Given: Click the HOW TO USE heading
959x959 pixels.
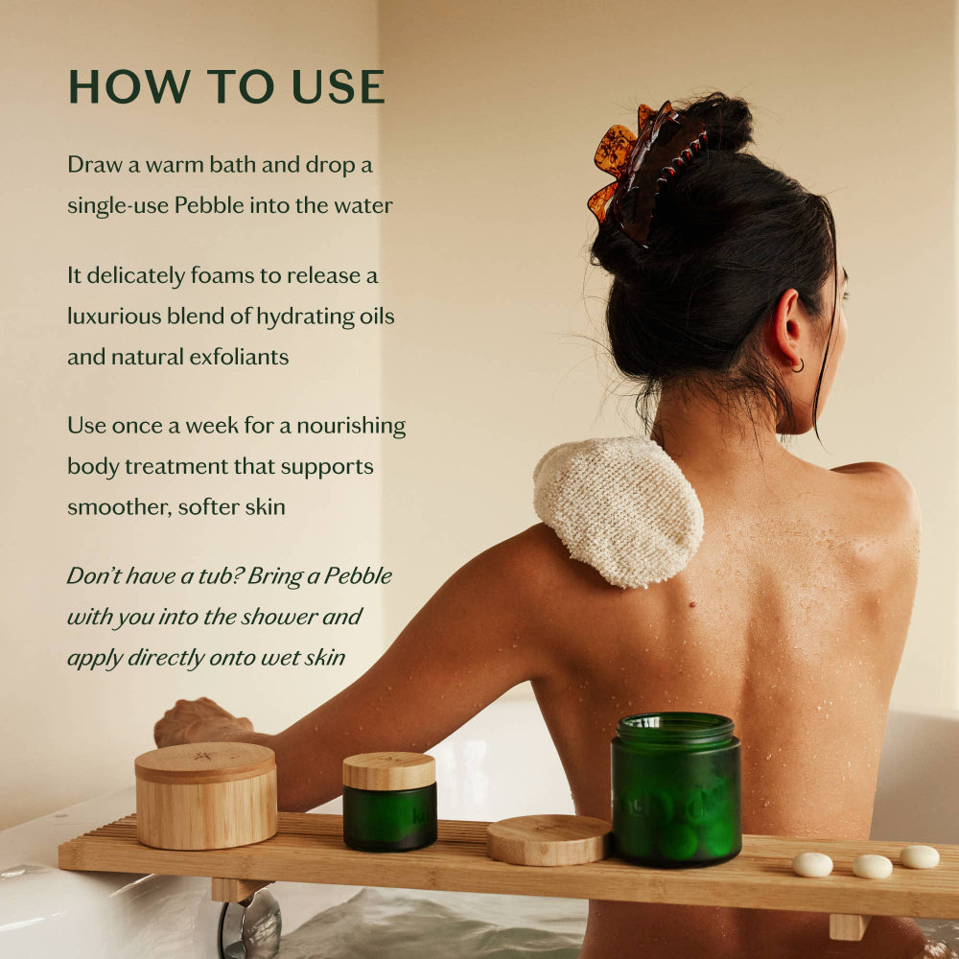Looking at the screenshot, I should coord(226,87).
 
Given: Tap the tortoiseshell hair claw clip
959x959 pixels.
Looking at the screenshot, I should coord(641,168).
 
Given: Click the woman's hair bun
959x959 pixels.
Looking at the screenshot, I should coord(721,120).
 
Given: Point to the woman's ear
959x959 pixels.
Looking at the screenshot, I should coord(786,331).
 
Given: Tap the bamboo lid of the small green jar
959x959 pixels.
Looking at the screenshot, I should coord(389,770).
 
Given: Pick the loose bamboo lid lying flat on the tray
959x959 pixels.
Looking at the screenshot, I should coord(549,840).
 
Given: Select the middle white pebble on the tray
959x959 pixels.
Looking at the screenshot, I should coord(872,866).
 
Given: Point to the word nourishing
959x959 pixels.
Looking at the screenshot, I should coord(353,425).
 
